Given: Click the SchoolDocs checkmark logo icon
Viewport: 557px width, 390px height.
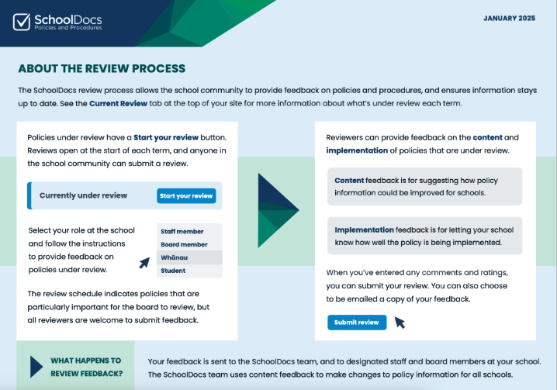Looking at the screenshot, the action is pos(22,22).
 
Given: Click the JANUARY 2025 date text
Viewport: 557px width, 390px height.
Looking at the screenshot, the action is pos(509,19).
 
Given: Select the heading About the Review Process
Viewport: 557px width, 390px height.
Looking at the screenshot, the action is pos(102,68).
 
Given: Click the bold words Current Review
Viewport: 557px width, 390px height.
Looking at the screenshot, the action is pos(118,103).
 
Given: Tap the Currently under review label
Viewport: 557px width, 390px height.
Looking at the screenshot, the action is pos(83,195).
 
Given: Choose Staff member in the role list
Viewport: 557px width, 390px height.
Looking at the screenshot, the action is pos(182,231).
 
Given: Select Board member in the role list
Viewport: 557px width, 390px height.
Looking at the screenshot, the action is pos(184,244).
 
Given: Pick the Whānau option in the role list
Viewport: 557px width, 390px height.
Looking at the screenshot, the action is pos(174,257).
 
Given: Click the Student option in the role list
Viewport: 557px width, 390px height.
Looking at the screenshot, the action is pos(173,271).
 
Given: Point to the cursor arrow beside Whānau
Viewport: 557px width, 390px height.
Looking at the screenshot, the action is pos(144,263).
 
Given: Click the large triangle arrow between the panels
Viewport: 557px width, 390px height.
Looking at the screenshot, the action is pos(278,210).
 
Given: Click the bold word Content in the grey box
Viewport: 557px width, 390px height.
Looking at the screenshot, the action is pos(349,181).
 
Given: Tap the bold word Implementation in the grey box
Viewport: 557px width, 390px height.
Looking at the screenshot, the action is pos(364,230).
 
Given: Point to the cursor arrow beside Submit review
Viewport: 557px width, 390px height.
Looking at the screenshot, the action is pos(400,323).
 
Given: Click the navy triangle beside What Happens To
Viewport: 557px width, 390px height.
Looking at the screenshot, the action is pos(36,367).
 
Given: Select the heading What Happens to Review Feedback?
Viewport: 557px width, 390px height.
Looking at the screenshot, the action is pos(86,367).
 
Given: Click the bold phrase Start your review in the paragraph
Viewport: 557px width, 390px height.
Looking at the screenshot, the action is pos(166,137).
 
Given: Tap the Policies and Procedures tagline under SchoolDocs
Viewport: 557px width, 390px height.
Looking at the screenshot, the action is pos(67,28).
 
